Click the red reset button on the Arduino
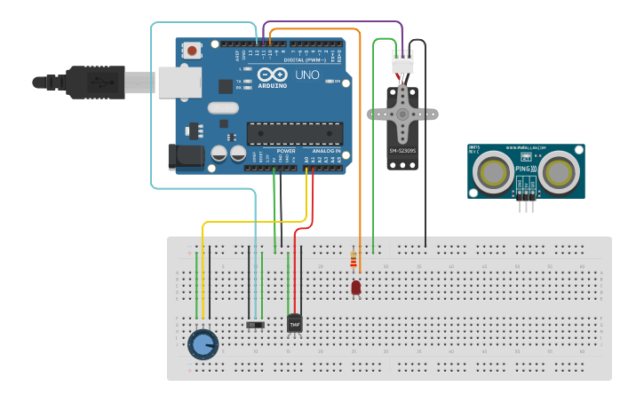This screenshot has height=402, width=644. tap(192, 51)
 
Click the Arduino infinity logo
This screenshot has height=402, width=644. tap(273, 75)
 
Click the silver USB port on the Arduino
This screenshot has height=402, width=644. tap(179, 83)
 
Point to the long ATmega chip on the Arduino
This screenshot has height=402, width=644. tap(294, 133)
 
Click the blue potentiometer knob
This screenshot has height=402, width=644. tap(203, 344)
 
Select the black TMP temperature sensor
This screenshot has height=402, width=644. tap(295, 325)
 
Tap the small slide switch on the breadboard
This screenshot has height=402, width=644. tap(256, 325)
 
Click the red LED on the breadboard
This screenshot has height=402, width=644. tap(356, 288)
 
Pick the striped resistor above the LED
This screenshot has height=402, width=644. tap(354, 261)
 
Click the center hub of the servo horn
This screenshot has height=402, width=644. tap(403, 114)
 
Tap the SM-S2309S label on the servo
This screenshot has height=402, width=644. tap(402, 152)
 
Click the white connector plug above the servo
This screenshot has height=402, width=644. tap(402, 62)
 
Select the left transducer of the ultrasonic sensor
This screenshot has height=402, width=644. tap(491, 171)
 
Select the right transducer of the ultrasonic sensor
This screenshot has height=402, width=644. tap(561, 171)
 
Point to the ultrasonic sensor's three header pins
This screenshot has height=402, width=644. tap(527, 205)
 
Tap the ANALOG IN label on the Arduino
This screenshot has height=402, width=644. tap(323, 151)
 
